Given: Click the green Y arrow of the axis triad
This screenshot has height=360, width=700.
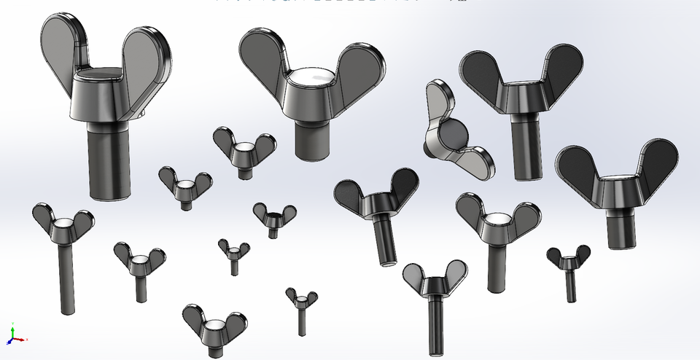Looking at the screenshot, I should tap(12, 331).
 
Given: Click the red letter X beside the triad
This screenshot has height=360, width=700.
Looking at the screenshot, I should tap(27, 340).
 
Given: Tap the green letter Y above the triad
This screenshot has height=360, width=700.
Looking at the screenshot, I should tap(12, 324).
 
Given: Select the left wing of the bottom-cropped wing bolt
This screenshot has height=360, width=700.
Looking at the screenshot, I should tap(194, 316).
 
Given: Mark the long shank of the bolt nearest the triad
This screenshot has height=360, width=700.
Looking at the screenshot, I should tap(66, 277).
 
